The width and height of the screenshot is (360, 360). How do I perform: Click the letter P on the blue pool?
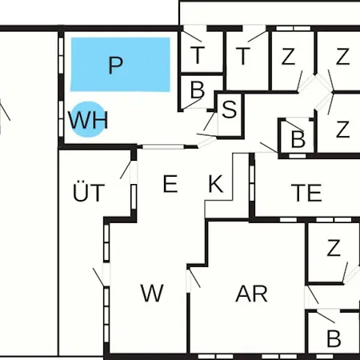coord(116,65)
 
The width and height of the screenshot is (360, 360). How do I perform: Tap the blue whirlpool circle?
coord(88,119)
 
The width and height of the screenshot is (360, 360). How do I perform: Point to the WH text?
coord(88,120)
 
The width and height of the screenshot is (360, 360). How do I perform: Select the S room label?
coord(230,109)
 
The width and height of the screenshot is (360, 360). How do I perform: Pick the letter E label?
coord(170,183)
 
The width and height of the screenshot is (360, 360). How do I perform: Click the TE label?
coord(306,193)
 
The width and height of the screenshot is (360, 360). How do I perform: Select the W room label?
coord(152,293)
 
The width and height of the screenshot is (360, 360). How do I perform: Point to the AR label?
coord(251,294)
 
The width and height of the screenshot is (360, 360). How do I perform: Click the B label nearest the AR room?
coord(334,338)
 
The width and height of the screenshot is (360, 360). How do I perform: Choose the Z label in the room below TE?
coord(334,248)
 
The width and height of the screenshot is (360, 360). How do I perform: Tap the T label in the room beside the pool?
coord(198,55)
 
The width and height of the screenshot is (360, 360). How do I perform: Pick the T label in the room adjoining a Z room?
coord(242,56)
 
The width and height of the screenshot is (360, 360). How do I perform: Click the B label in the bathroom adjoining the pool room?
coord(198,90)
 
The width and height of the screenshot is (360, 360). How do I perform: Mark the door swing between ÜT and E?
coord(126,169)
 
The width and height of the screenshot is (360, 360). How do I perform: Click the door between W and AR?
coord(194,278)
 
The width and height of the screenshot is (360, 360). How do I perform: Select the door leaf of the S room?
coord(209,122)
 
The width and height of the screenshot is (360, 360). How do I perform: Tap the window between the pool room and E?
coord(163,146)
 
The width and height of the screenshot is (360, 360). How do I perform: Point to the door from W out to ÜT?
coord(98,277)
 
